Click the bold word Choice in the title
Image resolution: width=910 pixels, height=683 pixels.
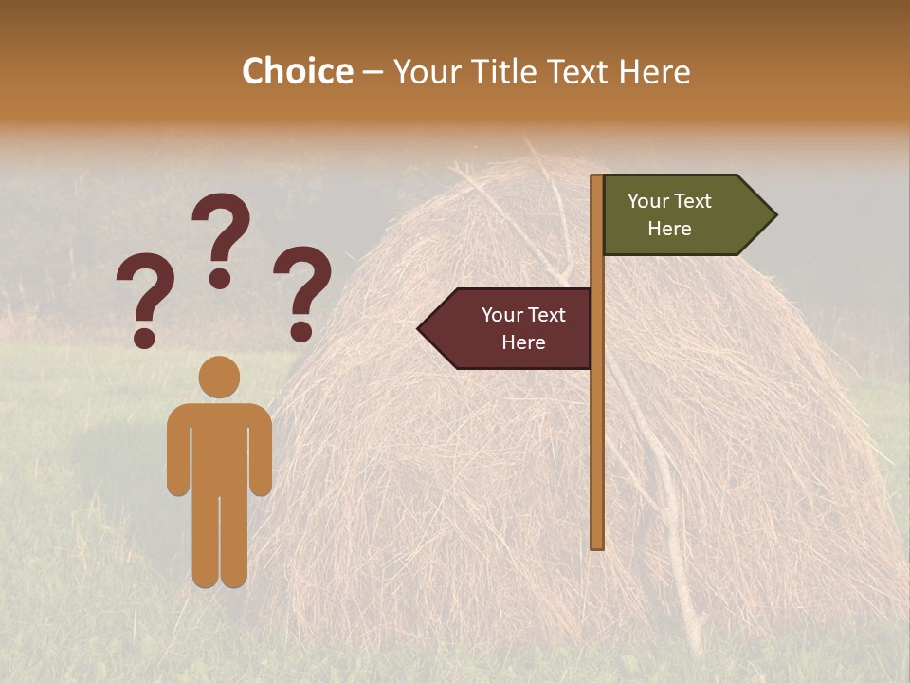coord(297,71)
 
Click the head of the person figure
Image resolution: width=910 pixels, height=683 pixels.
coord(219,377)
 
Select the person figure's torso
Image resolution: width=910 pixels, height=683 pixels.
coord(219,446)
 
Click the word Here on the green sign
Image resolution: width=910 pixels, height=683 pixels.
coord(669,229)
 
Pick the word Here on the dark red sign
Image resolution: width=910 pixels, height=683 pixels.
coord(523,342)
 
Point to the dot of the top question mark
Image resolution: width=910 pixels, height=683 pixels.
coord(220,278)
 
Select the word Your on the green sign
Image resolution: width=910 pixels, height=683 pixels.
coord(648,201)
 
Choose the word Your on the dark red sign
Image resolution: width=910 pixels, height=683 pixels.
coord(502,315)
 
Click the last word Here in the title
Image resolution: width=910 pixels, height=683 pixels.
coord(654,71)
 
